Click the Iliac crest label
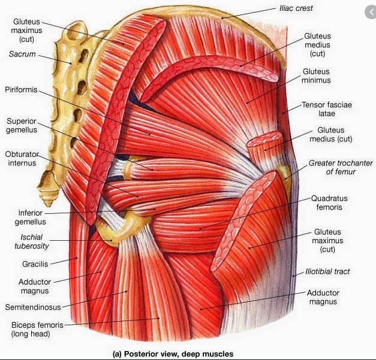point(296,8)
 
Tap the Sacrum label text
point(22,55)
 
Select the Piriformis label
point(21,90)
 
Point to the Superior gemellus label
point(22,125)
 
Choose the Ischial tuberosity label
point(31,241)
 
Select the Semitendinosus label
point(32,307)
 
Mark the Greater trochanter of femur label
point(341,167)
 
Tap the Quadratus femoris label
point(329,202)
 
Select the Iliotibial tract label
point(327,271)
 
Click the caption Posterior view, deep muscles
point(173,354)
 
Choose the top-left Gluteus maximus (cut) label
point(26,30)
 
